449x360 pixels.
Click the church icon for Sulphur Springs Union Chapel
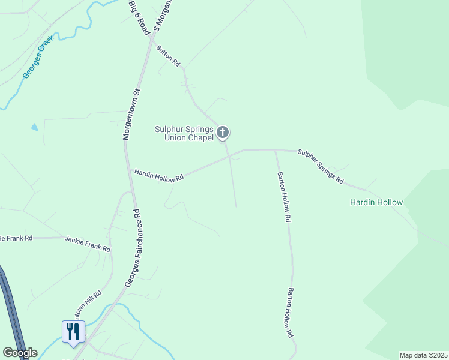223,132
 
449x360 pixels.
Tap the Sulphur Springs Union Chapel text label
184,133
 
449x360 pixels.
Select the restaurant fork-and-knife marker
73,331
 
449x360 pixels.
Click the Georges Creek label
38,56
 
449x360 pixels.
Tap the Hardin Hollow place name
376,202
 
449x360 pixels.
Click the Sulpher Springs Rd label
321,167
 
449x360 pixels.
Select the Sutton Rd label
169,55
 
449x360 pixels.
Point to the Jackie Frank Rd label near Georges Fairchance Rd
88,243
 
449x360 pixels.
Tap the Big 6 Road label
139,17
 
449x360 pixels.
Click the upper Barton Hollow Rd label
283,197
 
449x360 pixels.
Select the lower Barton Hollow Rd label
291,312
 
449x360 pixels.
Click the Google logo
20,353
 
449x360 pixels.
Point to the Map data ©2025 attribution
423,355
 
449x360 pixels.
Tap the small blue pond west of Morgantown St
34,127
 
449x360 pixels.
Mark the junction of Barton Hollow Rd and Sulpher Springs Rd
275,151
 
